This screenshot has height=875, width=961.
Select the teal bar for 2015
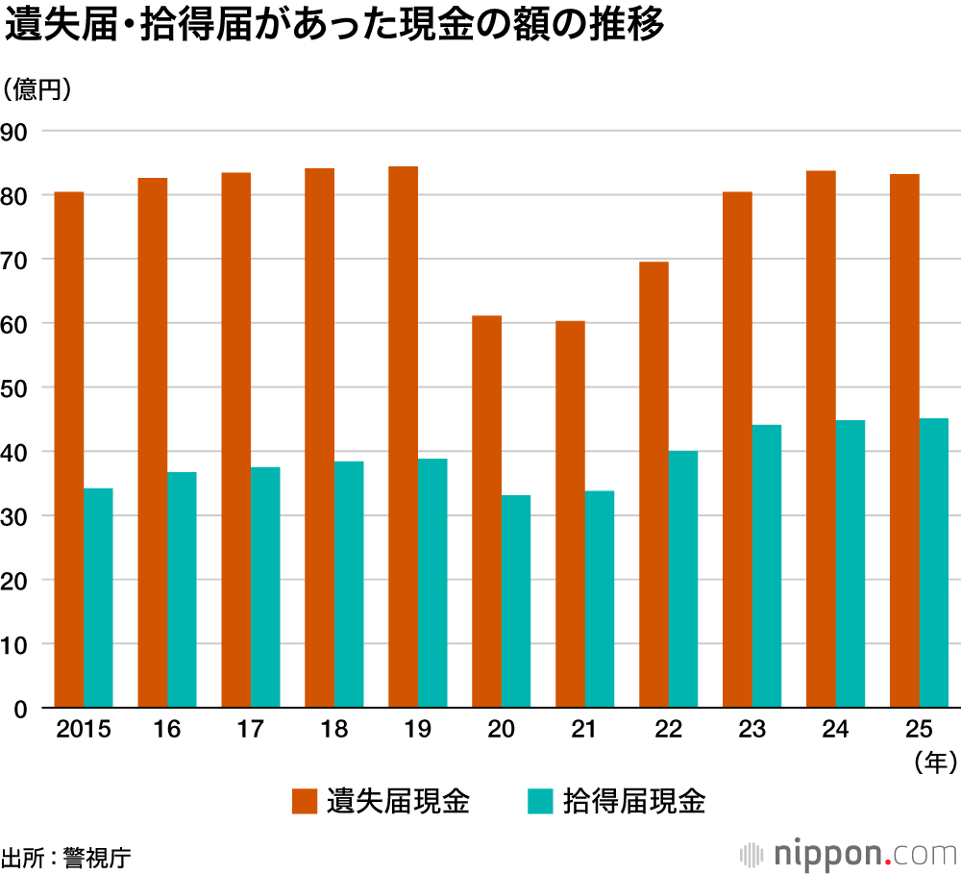click(98, 598)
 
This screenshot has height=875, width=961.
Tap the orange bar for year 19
click(403, 437)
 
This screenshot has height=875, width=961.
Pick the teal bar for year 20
click(515, 601)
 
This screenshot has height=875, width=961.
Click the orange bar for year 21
click(570, 514)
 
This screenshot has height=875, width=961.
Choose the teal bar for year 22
click(682, 579)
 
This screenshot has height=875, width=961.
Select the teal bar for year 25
click(933, 562)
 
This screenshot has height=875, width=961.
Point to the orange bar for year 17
click(235, 440)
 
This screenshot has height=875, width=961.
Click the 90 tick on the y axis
click(18, 132)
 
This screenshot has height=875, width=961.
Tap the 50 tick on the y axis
click(18, 388)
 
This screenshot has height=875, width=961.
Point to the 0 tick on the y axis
click(23, 709)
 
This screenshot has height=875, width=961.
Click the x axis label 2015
click(84, 731)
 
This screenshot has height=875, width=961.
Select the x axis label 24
click(835, 731)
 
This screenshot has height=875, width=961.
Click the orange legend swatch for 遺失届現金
click(305, 801)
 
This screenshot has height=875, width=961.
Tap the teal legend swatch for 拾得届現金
click(540, 801)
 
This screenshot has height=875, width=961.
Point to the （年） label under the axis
click(933, 763)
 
